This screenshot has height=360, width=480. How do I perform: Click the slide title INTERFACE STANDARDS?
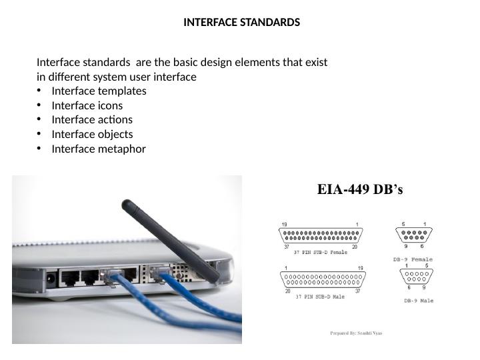[241, 22]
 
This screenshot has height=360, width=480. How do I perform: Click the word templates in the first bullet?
[123, 91]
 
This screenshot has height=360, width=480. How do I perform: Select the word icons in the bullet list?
[111, 105]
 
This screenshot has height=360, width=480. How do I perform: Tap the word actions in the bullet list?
[115, 119]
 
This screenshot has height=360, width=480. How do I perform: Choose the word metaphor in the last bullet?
[122, 149]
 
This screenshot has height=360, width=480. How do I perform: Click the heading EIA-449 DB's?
[359, 189]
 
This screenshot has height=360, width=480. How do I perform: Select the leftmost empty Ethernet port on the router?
[69, 277]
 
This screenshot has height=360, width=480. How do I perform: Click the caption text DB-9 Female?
[412, 259]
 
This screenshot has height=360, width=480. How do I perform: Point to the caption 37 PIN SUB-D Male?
[320, 297]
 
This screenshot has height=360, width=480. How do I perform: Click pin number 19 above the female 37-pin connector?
[284, 224]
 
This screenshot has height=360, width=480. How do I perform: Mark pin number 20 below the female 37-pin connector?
[355, 247]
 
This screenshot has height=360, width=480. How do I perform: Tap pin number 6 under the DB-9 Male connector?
[409, 288]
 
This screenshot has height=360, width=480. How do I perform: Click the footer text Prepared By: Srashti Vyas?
[356, 333]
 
